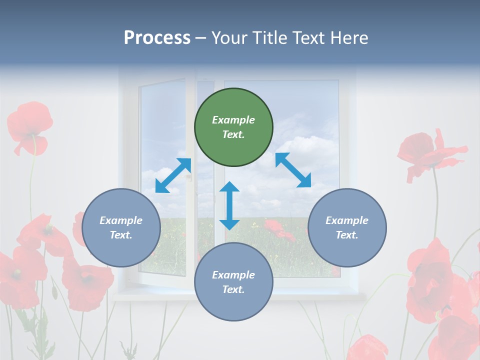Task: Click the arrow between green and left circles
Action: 173,175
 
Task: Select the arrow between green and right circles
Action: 293,170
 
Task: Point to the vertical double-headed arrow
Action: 229,206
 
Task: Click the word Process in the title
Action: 157,37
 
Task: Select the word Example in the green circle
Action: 233,120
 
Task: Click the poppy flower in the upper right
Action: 430,152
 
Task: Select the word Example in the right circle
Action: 347,220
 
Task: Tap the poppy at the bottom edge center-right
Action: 367,348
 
